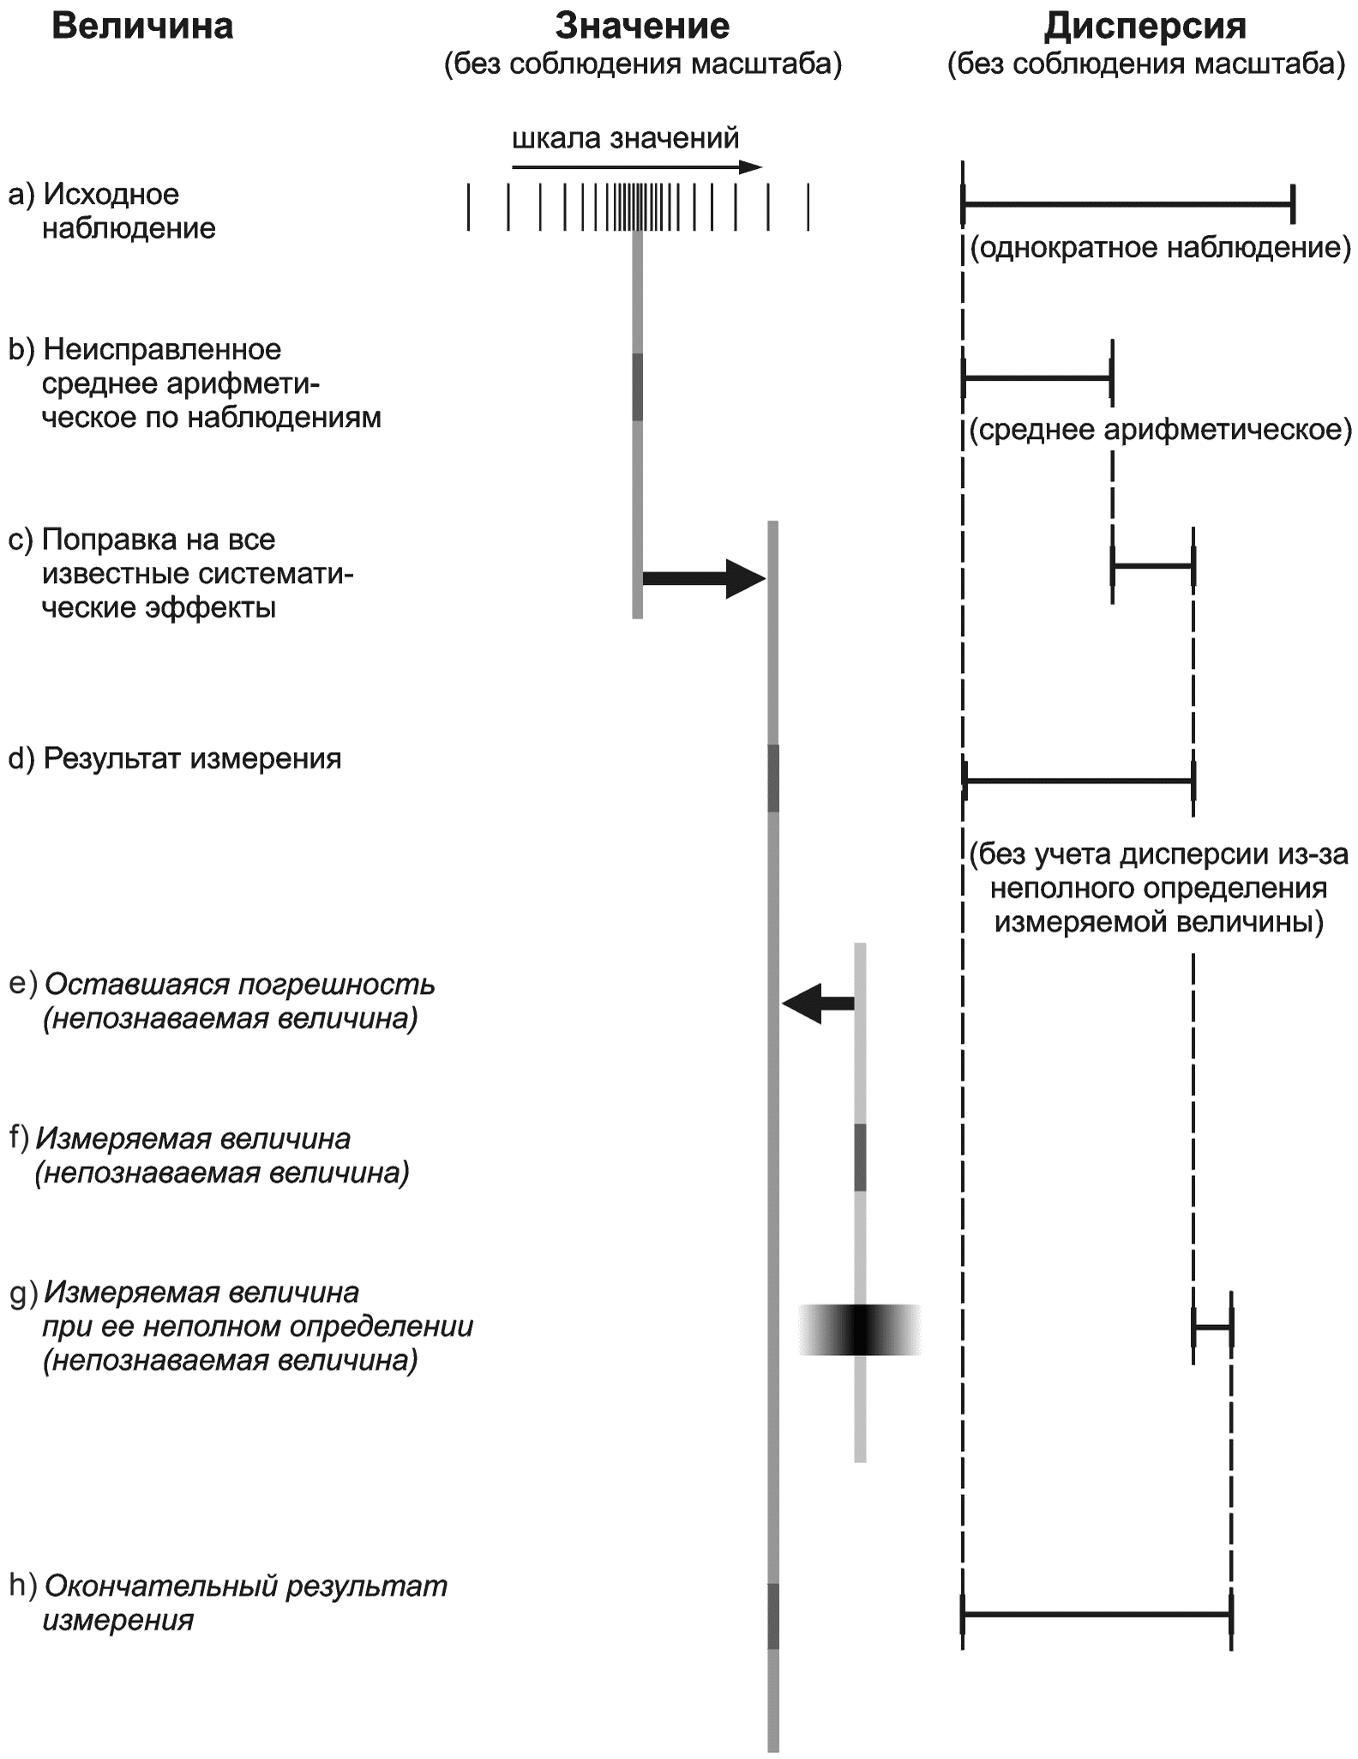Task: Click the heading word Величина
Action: [x=142, y=27]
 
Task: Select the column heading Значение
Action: [x=642, y=27]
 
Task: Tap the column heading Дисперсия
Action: [x=1145, y=27]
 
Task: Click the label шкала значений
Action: [x=625, y=138]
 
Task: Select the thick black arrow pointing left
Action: [x=819, y=1003]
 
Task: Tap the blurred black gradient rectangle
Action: [x=860, y=1329]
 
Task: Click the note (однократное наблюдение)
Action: [x=1160, y=248]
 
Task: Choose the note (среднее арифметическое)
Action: [x=1160, y=429]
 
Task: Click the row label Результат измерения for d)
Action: [x=192, y=759]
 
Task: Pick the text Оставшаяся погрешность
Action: [x=239, y=985]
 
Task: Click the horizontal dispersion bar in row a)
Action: [x=1127, y=204]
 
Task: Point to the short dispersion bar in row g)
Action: [x=1211, y=1328]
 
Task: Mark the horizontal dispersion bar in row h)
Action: [x=1097, y=1614]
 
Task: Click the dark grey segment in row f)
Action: [x=860, y=1157]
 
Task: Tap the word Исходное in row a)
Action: [x=111, y=195]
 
